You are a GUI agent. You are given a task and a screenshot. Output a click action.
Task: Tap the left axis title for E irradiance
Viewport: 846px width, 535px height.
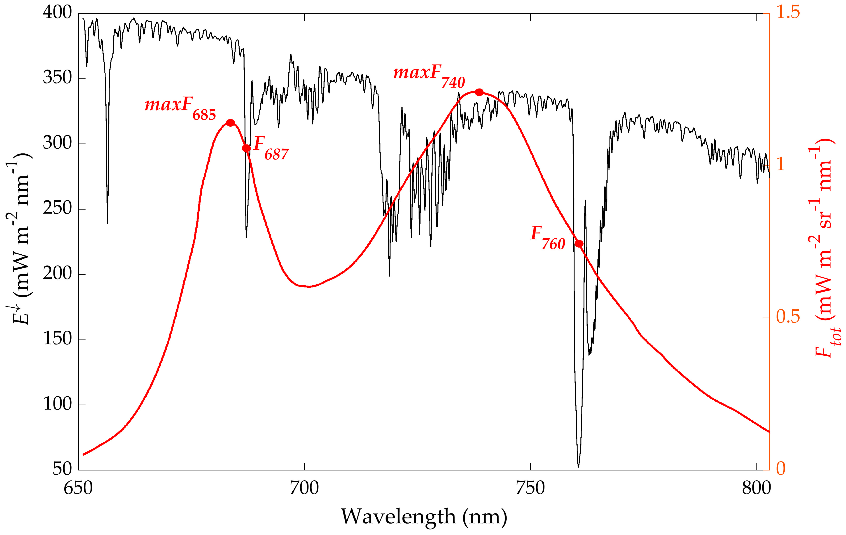[x=21, y=239]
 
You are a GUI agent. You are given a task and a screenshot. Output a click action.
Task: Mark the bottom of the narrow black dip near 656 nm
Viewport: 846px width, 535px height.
[x=107, y=222]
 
